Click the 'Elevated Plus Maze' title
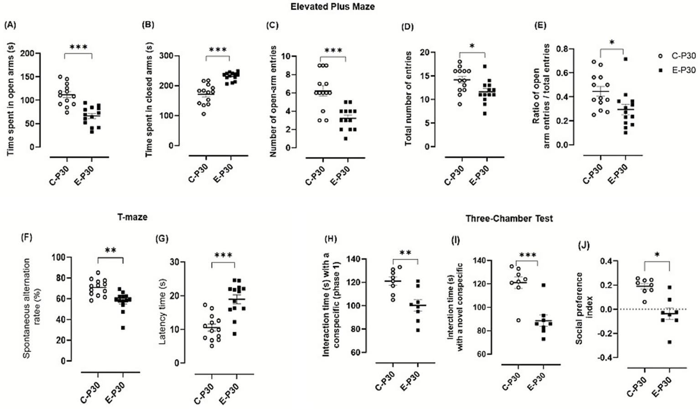coord(332,6)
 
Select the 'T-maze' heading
coord(132,217)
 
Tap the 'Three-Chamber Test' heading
coord(509,219)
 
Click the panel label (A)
coord(10,26)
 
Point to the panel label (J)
coord(584,246)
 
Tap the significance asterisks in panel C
coord(333,51)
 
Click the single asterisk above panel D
coord(472,47)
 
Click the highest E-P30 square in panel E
coord(626,59)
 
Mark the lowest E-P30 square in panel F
coord(123,328)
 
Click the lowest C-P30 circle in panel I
coord(518,320)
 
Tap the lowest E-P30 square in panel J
coord(669,342)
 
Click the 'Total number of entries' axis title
coord(408,99)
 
